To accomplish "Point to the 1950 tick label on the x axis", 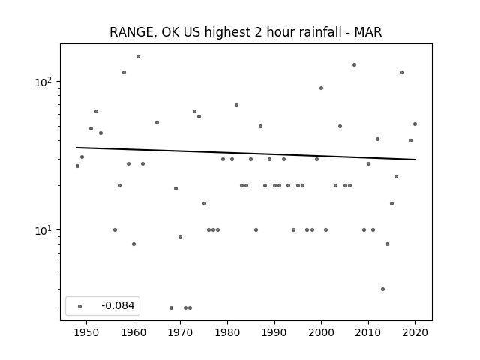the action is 87,332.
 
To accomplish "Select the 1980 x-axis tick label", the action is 227,332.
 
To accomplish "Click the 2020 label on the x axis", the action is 415,332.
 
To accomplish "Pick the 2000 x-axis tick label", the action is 321,332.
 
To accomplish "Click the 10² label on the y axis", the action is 44,82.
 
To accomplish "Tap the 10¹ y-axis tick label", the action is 44,230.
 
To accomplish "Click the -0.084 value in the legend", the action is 118,305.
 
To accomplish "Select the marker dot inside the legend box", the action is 80,306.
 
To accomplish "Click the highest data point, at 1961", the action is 138,57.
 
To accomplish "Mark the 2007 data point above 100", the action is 354,65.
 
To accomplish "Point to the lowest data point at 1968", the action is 171,307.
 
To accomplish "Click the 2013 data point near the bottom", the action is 382,289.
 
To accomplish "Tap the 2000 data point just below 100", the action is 321,88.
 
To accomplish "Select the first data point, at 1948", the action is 77,166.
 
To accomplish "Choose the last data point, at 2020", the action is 415,124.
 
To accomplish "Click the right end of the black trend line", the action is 415,160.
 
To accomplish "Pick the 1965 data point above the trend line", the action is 157,122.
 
